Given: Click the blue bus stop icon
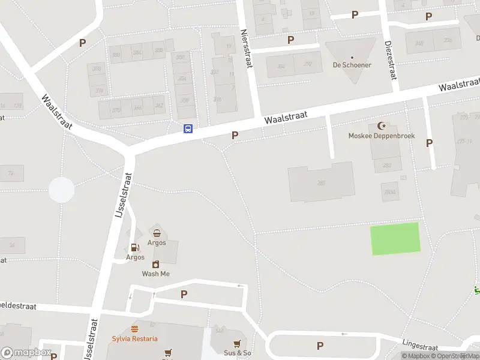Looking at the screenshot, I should point(188,128).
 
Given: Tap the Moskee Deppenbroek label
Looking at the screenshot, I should point(382,136).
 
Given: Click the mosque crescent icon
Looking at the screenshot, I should point(382,125).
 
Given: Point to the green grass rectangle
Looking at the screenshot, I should point(395,238).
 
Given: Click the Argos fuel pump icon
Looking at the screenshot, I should point(135,247).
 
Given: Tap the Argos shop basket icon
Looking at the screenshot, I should point(157,233).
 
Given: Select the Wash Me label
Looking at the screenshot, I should point(155,274).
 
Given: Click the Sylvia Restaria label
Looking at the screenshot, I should point(135,338).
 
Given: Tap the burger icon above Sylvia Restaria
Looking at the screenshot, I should point(135,329).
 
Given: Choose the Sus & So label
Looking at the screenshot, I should point(238,353).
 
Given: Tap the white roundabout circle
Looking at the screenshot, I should point(61,190).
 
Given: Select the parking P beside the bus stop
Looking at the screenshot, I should point(235,136).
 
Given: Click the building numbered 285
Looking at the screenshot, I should point(321,182).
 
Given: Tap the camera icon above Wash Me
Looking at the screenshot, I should point(155,264).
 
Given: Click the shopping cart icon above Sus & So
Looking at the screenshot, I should point(238,343).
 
